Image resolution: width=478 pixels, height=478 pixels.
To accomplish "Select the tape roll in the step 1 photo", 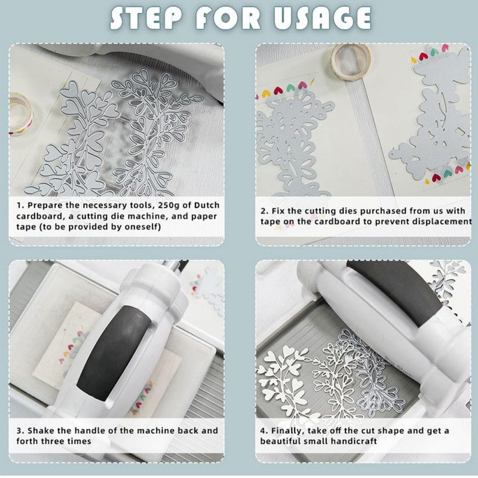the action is (20, 114).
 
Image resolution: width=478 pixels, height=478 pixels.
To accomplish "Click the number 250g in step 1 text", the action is (168, 206).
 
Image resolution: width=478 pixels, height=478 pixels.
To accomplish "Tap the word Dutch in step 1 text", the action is (207, 205).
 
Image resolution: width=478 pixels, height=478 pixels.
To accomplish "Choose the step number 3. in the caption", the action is (20, 431).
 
